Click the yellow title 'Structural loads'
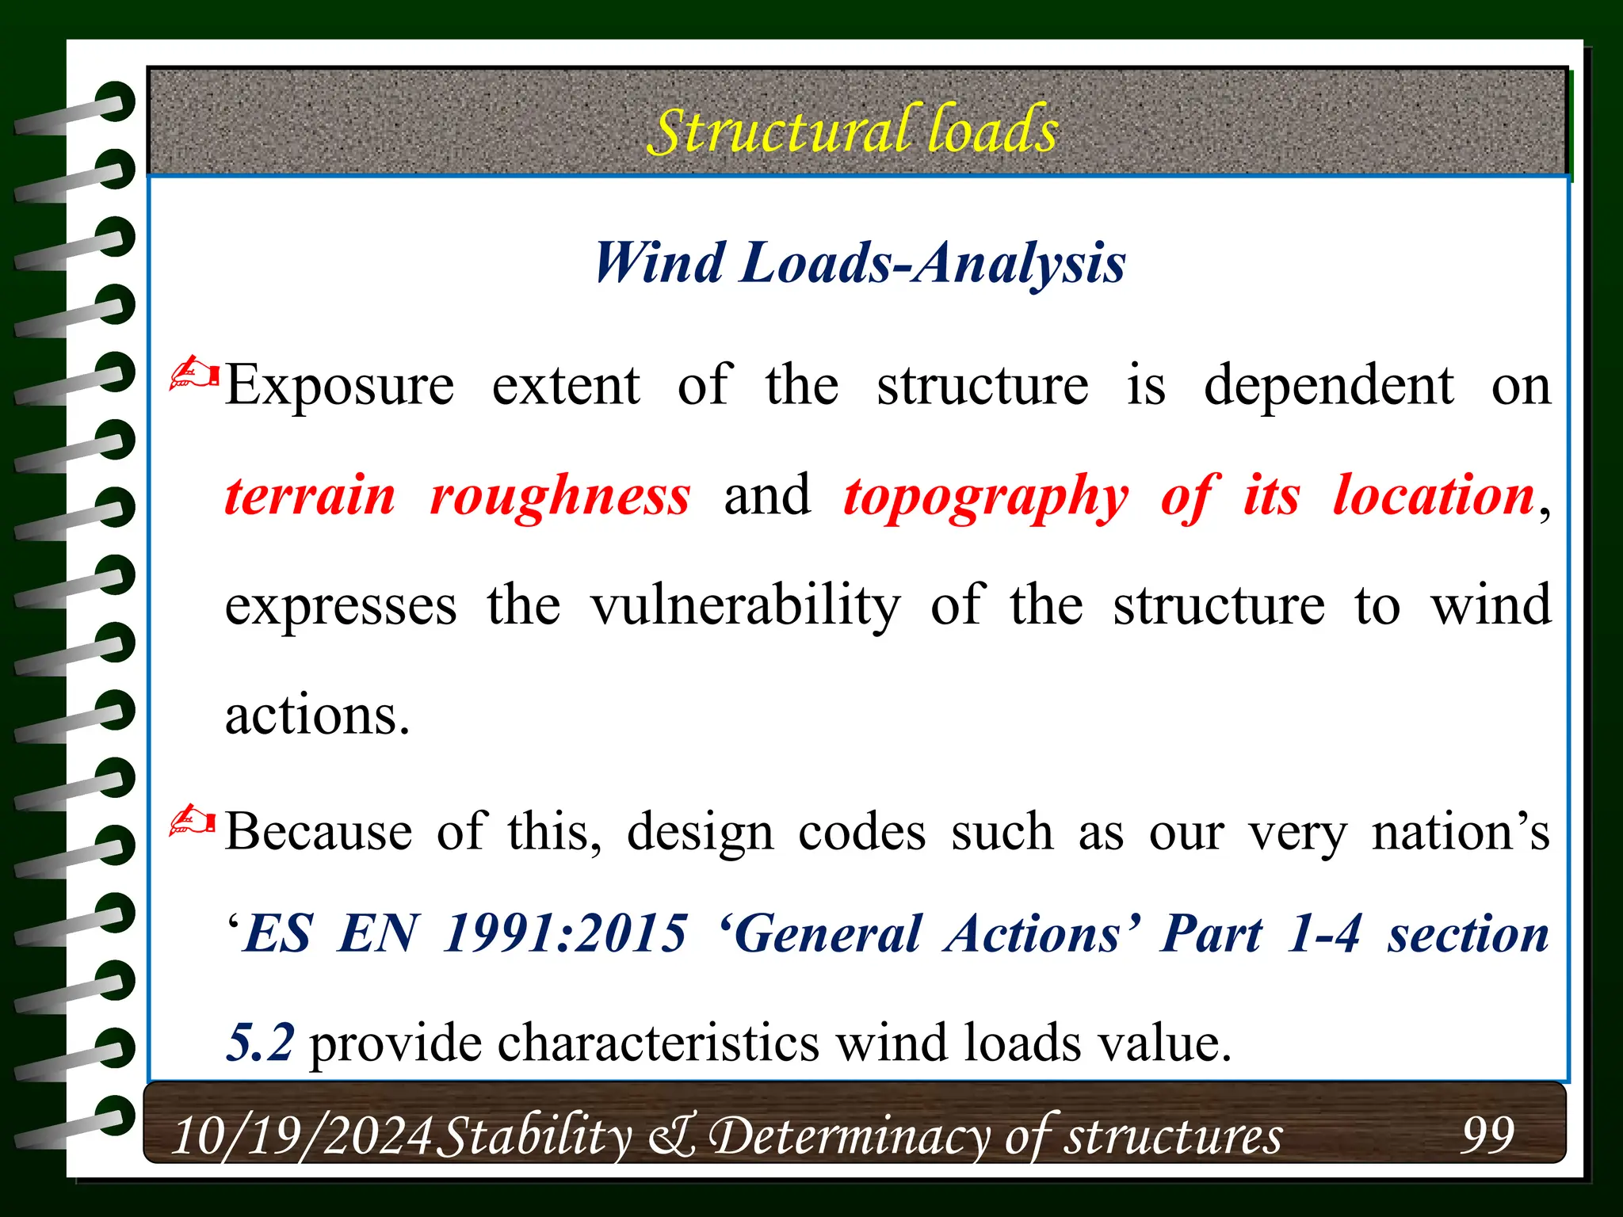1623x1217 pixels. [x=853, y=130]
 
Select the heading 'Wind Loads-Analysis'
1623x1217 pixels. [x=859, y=262]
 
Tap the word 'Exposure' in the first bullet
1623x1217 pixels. [x=339, y=386]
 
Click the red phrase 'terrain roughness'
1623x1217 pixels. [x=456, y=497]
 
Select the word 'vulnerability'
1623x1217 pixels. [x=746, y=607]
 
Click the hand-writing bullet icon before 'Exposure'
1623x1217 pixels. [x=193, y=373]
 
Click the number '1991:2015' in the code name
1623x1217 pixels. [x=565, y=933]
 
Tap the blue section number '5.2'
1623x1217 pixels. [x=260, y=1042]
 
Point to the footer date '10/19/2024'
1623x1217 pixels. [x=302, y=1136]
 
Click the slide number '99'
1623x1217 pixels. [x=1487, y=1135]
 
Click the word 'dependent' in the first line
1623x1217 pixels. [x=1328, y=386]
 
